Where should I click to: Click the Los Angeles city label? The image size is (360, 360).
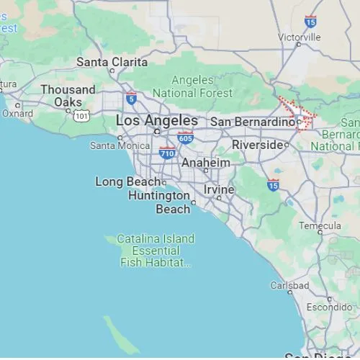click(157, 120)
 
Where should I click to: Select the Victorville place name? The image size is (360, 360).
click(299, 36)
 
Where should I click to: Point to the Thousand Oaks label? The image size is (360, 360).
click(68, 96)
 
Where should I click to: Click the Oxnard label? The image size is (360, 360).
click(17, 113)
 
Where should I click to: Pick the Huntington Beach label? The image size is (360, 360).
click(160, 202)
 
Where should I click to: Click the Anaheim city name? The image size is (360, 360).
click(206, 163)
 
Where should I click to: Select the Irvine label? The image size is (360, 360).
click(219, 189)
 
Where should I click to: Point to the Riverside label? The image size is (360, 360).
click(257, 145)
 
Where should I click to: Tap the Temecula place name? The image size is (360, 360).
click(320, 225)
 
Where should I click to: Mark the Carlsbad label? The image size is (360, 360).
click(289, 285)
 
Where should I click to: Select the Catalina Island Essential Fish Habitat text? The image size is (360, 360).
click(156, 251)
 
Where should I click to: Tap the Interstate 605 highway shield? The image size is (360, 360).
click(186, 138)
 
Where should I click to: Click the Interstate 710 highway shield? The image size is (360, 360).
click(168, 153)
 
